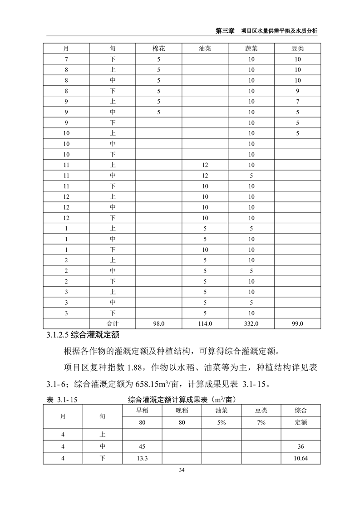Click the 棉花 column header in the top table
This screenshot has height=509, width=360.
click(x=159, y=49)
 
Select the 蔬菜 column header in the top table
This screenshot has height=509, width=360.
click(x=251, y=49)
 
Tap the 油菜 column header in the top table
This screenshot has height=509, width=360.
click(x=205, y=49)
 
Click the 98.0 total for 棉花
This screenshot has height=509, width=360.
click(x=159, y=324)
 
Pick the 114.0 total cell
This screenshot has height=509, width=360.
click(x=205, y=324)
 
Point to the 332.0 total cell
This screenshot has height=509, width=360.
click(x=251, y=324)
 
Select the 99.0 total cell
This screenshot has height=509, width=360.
click(x=297, y=324)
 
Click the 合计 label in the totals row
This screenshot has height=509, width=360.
click(x=113, y=324)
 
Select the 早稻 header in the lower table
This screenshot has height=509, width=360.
click(x=142, y=411)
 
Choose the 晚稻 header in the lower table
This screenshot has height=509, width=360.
click(x=182, y=411)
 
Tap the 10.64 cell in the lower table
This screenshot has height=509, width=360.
click(x=301, y=458)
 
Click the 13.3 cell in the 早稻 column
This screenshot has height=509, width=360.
click(x=142, y=458)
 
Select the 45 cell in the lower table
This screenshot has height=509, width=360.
click(x=142, y=446)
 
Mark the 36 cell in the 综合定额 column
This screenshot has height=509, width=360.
click(x=301, y=446)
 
